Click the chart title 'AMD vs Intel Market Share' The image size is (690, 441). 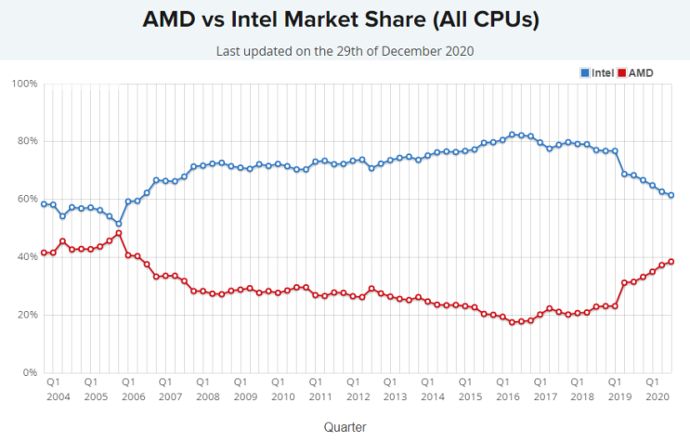click(x=345, y=19)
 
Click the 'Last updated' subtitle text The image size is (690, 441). click(x=345, y=51)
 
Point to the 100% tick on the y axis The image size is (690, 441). click(x=24, y=84)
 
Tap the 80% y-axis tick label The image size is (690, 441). click(x=26, y=141)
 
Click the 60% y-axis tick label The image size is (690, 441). click(x=26, y=200)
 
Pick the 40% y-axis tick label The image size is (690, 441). click(x=26, y=257)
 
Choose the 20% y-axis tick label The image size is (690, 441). click(x=26, y=316)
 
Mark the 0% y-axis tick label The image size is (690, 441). click(x=29, y=373)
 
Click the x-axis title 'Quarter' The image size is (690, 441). click(x=345, y=426)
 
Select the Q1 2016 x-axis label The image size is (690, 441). click(x=502, y=388)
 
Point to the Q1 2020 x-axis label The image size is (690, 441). click(x=653, y=388)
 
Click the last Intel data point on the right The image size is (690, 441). click(x=670, y=195)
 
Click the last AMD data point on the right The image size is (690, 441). click(x=670, y=262)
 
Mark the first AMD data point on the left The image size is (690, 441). click(x=44, y=253)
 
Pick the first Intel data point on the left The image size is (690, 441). click(x=44, y=204)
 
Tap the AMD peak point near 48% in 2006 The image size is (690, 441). click(x=119, y=233)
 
